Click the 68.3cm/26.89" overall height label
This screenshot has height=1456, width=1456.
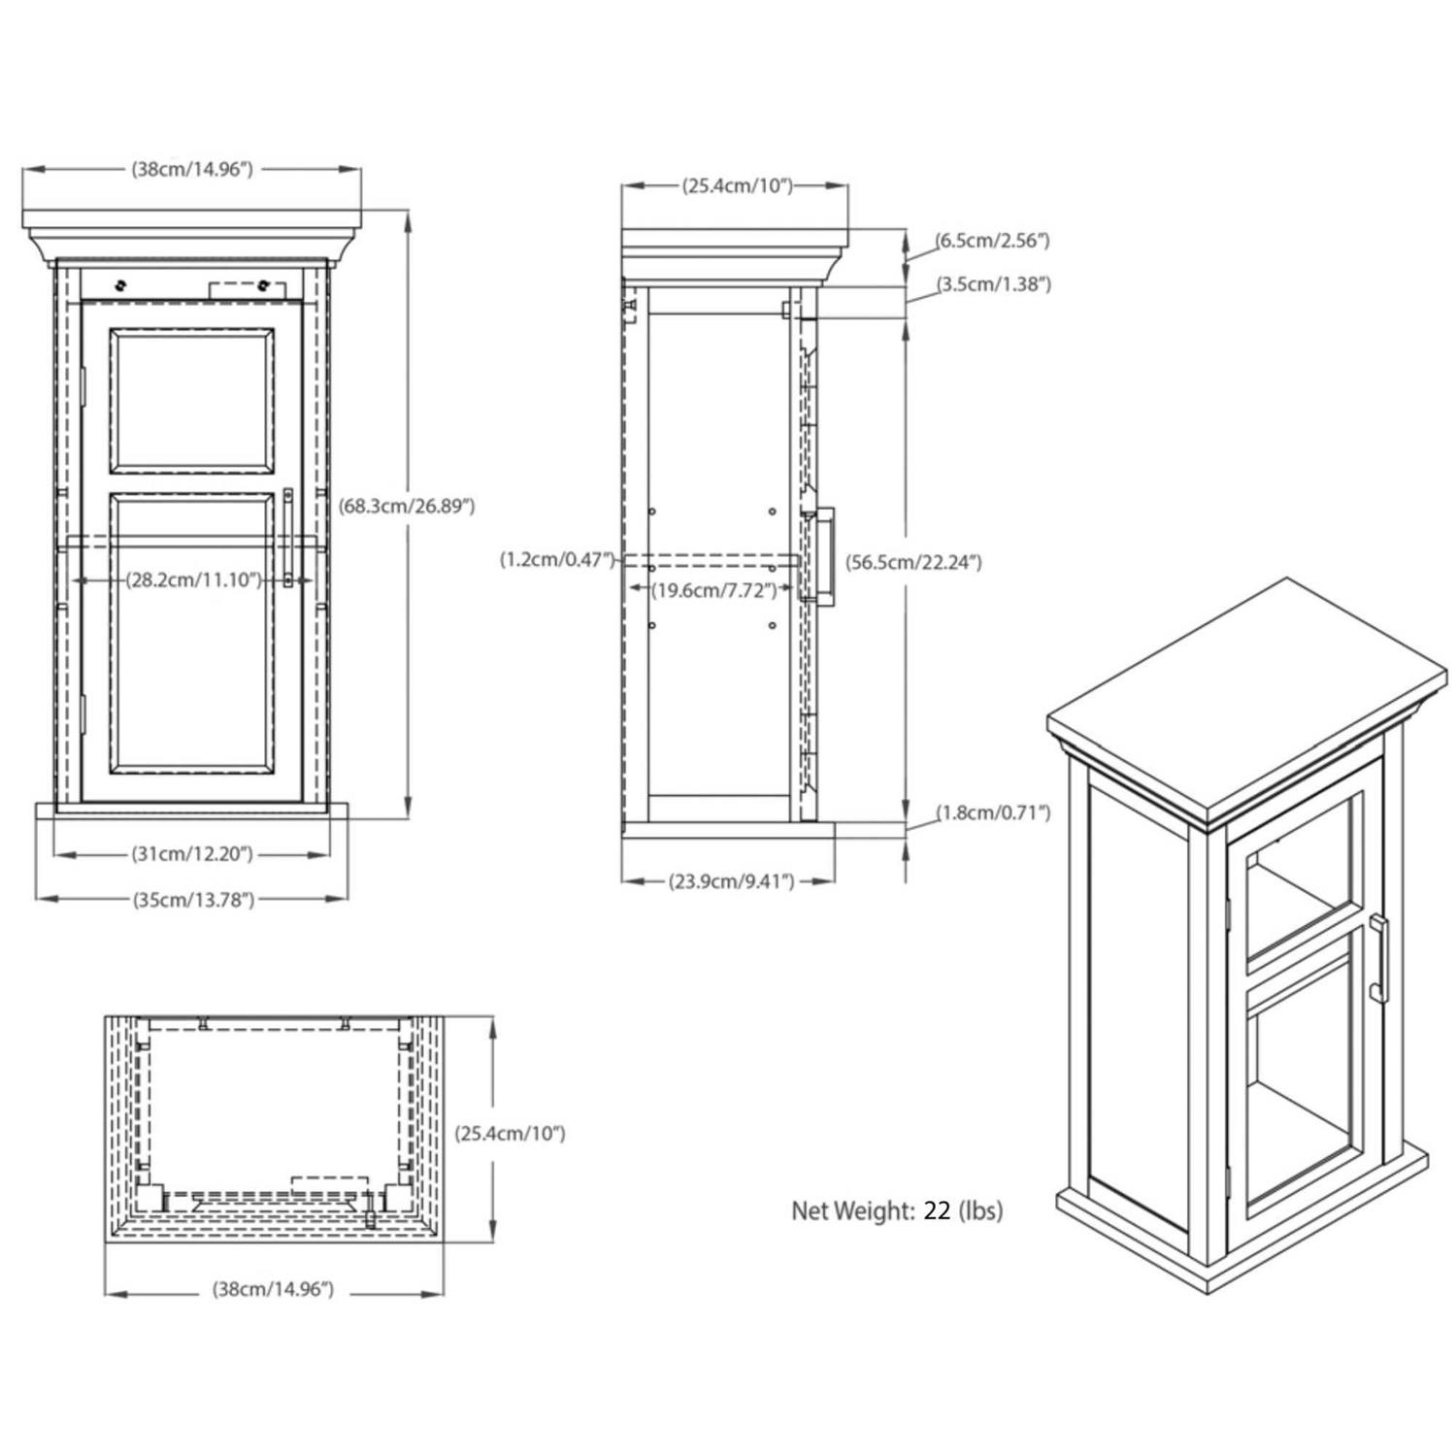pyautogui.click(x=407, y=506)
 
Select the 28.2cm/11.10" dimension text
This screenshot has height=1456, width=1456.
pyautogui.click(x=193, y=579)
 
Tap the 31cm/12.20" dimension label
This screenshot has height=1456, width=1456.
pyautogui.click(x=191, y=854)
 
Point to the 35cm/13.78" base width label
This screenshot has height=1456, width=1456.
pyautogui.click(x=193, y=899)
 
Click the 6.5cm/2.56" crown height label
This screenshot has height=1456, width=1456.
pyautogui.click(x=992, y=241)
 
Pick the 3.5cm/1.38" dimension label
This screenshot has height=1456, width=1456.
pyautogui.click(x=993, y=284)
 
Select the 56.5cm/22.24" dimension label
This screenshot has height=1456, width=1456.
pyautogui.click(x=912, y=562)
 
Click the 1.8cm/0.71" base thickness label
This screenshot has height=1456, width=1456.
pyautogui.click(x=993, y=812)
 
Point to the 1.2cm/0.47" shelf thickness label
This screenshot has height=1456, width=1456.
pyautogui.click(x=557, y=559)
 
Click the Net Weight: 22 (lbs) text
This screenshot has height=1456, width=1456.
pyautogui.click(x=897, y=1210)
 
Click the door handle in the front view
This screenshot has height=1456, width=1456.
pyautogui.click(x=288, y=538)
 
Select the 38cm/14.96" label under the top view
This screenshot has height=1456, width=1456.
pyautogui.click(x=273, y=1290)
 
